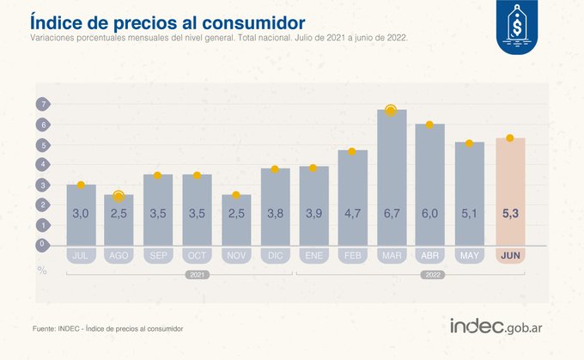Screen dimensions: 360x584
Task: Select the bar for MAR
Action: (391, 176)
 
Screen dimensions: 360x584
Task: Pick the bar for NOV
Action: (237, 219)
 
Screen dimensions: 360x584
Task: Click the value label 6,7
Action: (391, 213)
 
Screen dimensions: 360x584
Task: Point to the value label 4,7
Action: (352, 213)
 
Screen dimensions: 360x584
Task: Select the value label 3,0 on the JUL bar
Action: (81, 213)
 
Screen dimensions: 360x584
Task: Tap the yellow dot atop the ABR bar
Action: (429, 125)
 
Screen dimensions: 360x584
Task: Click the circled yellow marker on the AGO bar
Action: (119, 197)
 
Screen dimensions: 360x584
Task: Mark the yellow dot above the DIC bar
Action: (275, 169)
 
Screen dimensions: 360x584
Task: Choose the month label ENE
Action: (313, 255)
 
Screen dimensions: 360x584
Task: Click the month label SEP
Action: (158, 255)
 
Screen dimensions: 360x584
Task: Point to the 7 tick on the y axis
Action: (41, 105)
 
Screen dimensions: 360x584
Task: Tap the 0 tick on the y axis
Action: (41, 244)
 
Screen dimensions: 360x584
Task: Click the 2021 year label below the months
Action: (198, 276)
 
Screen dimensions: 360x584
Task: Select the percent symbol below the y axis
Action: (41, 268)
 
